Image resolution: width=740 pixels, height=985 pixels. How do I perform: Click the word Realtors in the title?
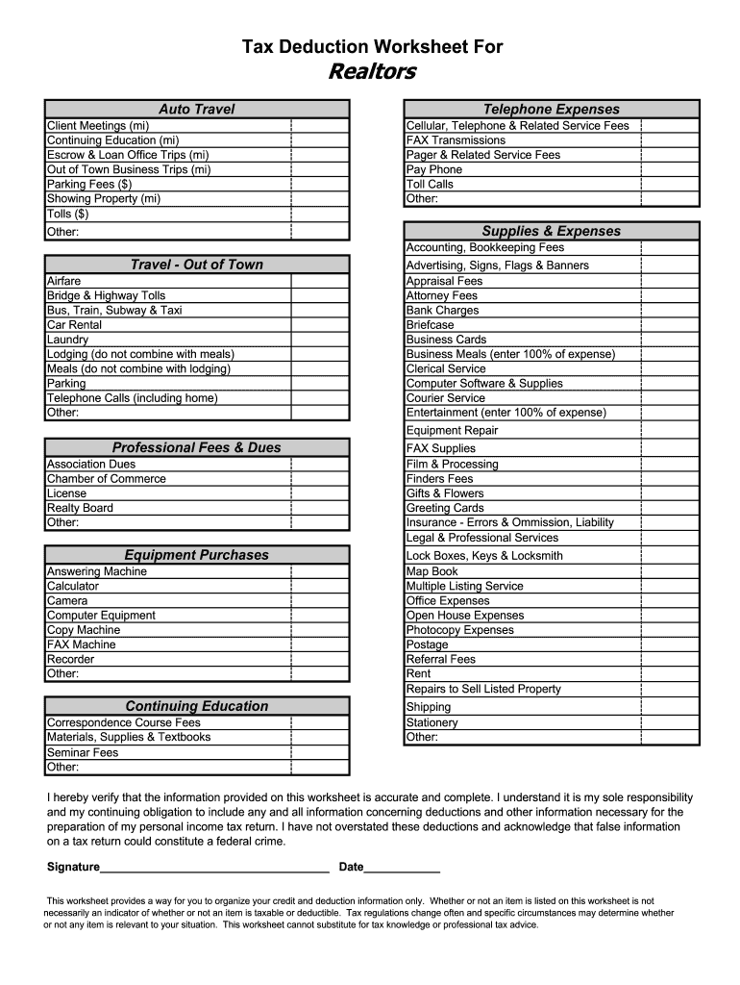371,72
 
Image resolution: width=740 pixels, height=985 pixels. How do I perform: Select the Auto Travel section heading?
196,109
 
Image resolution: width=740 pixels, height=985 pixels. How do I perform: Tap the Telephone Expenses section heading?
551,109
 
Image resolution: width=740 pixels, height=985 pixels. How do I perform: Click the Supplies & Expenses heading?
551,231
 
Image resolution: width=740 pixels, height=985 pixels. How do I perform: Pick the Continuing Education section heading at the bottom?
196,706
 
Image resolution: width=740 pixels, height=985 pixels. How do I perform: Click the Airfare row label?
64,281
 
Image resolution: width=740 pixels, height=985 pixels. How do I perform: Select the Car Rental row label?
74,325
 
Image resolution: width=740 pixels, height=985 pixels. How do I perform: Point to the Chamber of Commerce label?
106,479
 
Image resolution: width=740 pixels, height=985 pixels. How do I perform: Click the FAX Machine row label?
81,644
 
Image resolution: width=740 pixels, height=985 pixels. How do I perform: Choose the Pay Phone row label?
434,169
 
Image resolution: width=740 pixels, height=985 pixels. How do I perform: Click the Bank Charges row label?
442,311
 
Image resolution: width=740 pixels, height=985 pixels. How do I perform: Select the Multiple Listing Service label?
464,586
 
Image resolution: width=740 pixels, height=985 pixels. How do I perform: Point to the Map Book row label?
432,571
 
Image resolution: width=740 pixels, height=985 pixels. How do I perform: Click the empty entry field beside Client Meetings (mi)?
319,126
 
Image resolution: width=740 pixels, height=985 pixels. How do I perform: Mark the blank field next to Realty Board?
319,508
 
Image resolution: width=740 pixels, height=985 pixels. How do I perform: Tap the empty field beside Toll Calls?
669,184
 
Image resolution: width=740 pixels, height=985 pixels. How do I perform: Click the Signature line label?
73,867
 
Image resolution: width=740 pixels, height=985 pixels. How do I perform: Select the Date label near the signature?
351,867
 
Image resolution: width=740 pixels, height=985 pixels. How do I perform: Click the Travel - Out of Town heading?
196,265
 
